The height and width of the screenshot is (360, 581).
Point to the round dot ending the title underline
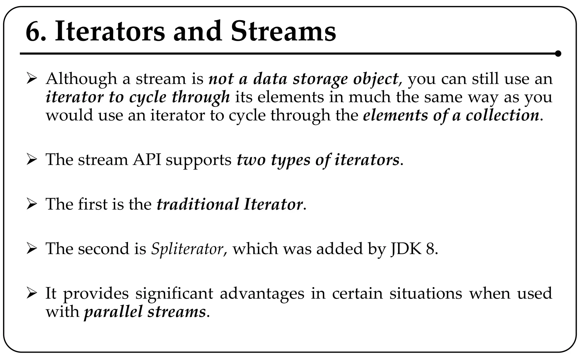point(558,54)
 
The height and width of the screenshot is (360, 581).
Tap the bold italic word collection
point(502,116)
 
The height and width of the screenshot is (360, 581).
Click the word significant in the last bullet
point(174,293)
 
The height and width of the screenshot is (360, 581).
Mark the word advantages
point(262,293)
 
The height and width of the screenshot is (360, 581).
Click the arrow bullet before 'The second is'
point(31,249)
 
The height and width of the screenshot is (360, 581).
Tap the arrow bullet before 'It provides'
point(31,293)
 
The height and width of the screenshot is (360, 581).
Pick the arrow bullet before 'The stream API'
point(31,160)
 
